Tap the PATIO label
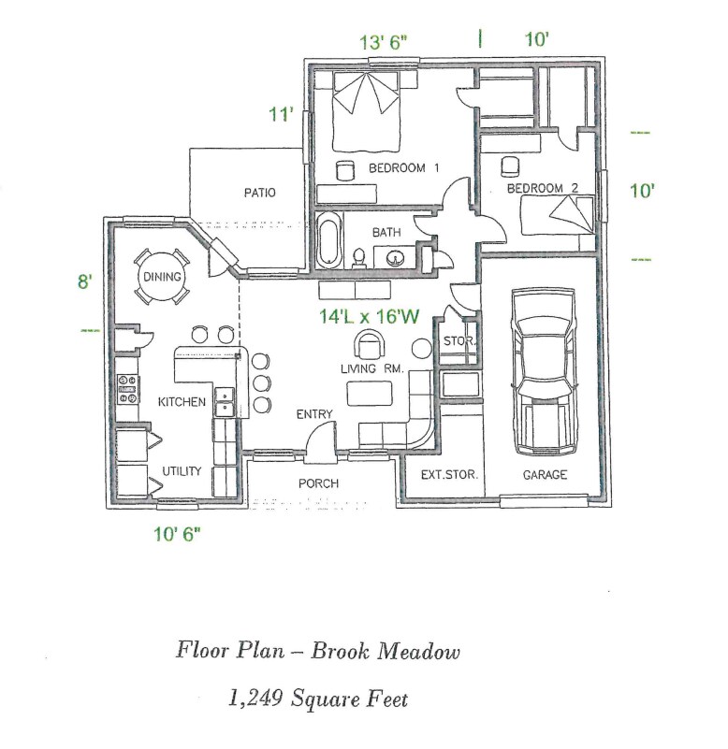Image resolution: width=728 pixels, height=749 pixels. tap(259, 194)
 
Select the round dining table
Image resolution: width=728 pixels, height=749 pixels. tap(161, 278)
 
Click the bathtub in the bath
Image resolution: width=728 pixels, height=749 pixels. tap(329, 241)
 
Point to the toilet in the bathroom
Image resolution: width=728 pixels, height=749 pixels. tap(359, 255)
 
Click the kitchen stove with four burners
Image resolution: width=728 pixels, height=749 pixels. tap(126, 389)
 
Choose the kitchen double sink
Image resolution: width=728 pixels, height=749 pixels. tap(225, 400)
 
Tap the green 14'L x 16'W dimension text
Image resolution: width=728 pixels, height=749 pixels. tap(369, 317)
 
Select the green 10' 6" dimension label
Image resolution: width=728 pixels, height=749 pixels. tap(176, 534)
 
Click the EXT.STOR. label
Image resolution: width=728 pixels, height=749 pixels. tap(449, 475)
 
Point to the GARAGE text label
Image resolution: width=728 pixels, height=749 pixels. tap(545, 475)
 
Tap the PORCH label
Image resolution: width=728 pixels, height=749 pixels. tap(318, 483)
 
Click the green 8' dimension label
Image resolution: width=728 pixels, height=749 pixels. tap(85, 281)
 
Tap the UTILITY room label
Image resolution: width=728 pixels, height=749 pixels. tap(182, 471)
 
